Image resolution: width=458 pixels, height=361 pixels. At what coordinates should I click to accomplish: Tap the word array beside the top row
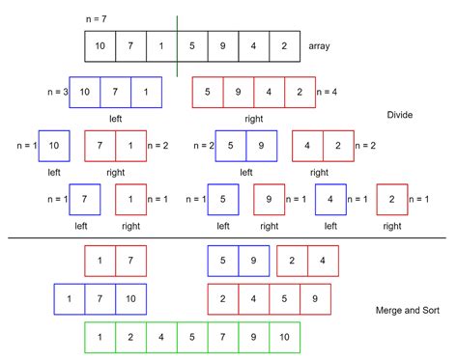click(319, 45)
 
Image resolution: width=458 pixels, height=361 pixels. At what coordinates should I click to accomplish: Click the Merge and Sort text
click(407, 311)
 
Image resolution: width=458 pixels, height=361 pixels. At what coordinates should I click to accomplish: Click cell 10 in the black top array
click(100, 45)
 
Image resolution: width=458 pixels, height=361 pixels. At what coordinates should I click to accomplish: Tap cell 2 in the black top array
click(284, 45)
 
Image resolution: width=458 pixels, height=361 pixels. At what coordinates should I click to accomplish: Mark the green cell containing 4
click(161, 338)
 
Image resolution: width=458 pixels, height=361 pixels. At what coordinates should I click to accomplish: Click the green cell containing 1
click(100, 338)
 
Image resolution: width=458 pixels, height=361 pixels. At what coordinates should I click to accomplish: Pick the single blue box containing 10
click(54, 146)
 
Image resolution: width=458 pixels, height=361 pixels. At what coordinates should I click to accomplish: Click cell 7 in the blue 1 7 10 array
click(100, 298)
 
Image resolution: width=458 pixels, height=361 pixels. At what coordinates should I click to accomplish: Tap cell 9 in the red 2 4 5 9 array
click(315, 298)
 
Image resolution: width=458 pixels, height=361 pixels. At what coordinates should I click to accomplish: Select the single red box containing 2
click(391, 199)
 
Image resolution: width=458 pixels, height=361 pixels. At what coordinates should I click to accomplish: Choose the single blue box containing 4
click(330, 199)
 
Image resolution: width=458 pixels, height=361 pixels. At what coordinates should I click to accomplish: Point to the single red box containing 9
click(270, 199)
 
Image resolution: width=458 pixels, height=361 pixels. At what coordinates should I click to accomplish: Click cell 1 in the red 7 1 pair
click(130, 146)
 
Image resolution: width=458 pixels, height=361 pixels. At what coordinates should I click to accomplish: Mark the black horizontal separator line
click(229, 237)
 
